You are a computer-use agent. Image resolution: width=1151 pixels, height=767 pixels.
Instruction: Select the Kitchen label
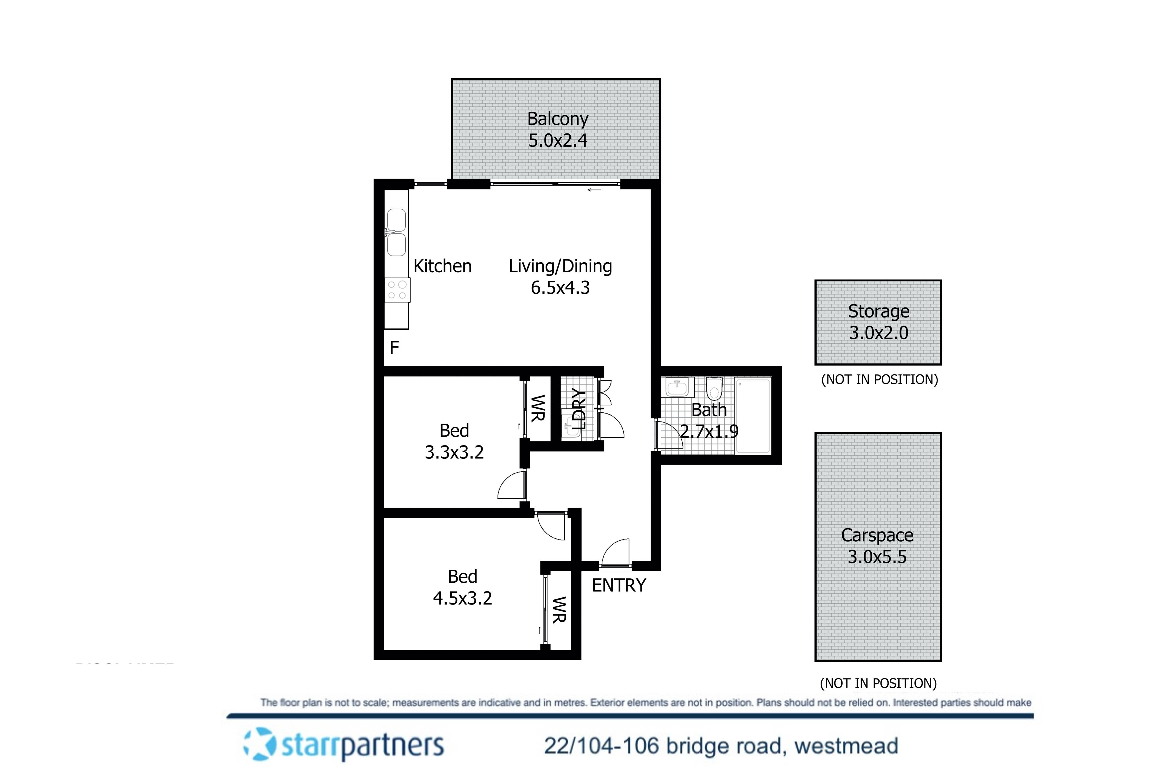point(442,266)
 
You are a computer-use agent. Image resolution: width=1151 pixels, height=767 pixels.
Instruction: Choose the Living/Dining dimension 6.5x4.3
point(560,288)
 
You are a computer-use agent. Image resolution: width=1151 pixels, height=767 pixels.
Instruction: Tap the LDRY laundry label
point(579,409)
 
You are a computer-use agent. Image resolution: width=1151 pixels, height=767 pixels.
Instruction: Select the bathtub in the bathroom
point(753,416)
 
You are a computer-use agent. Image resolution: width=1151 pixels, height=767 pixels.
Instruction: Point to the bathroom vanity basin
point(677,387)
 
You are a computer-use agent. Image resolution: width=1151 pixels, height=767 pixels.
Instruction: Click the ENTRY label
point(619,586)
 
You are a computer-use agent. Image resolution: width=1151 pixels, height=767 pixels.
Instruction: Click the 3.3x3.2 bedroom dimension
point(454,452)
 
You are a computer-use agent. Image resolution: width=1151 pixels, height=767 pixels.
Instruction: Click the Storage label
point(879,311)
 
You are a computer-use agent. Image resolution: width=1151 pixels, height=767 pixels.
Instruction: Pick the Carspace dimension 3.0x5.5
point(877,557)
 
